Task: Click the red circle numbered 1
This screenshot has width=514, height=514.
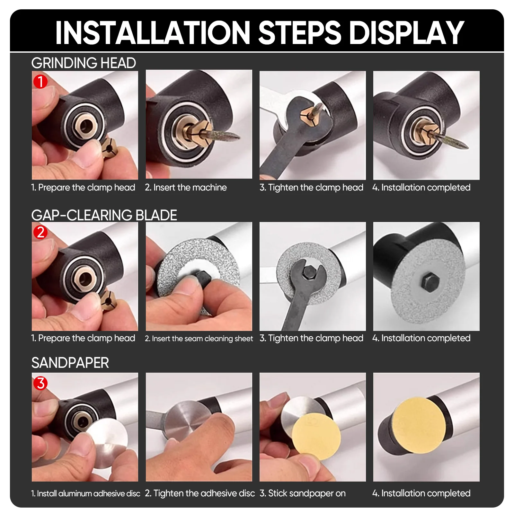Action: coord(40,81)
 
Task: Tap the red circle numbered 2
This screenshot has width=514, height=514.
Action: coord(40,232)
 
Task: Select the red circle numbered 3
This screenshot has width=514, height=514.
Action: coord(40,383)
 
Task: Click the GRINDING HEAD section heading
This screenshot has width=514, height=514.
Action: coord(84,63)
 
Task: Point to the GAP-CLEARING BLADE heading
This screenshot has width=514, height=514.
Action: coord(104,215)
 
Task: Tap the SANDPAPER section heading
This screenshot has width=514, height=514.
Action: coord(70,363)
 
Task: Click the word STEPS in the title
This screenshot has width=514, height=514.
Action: coord(299,32)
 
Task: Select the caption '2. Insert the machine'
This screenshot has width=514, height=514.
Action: coord(186,187)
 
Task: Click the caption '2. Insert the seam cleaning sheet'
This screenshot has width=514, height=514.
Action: coord(199,339)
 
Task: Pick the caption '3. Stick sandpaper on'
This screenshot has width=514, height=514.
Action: coord(303,493)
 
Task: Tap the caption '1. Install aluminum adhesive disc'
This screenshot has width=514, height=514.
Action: coord(86,493)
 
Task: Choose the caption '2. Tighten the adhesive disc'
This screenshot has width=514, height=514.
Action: coord(200,493)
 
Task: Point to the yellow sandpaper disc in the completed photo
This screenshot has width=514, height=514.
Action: coord(420,425)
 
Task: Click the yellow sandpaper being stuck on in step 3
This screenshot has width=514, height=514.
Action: coord(316,437)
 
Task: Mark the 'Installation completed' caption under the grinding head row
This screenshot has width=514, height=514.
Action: coord(421,187)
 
